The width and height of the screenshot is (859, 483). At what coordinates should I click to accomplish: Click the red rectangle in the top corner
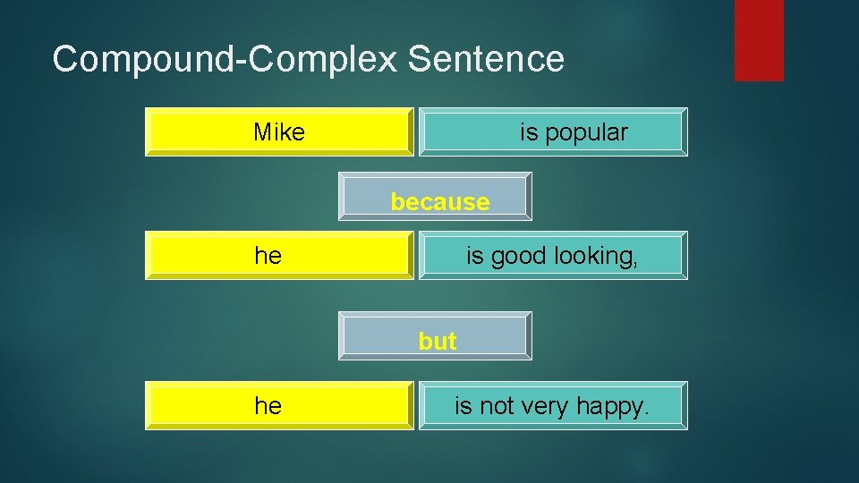coord(759,39)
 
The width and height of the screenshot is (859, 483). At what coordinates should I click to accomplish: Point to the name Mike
coord(279,133)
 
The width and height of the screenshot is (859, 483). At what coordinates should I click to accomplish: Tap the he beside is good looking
coord(268,256)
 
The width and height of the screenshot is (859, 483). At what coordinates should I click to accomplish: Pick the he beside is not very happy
coord(268,406)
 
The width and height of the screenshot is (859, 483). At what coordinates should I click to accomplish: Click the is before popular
coord(529,133)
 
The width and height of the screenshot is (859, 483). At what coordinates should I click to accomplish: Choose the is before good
coord(475,256)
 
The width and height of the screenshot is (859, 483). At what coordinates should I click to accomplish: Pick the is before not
coord(463,406)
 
